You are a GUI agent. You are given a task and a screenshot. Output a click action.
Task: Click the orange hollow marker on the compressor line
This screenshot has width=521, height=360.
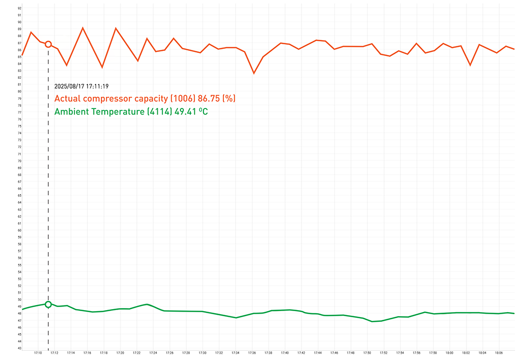(48, 44)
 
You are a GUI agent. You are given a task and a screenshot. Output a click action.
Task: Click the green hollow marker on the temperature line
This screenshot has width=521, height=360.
(48, 304)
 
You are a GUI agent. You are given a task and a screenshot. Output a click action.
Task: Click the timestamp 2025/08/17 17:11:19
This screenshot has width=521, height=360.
(81, 87)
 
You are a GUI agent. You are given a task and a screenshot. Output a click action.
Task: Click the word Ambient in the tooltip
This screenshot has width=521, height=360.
(71, 112)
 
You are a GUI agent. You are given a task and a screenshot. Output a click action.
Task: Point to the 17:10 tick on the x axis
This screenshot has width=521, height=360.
(38, 352)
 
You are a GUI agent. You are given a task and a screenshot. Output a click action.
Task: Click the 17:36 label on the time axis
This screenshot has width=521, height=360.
(252, 352)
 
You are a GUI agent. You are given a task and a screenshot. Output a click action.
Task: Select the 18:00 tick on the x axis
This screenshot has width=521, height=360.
(450, 352)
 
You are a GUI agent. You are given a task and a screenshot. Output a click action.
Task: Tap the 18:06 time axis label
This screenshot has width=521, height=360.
(499, 352)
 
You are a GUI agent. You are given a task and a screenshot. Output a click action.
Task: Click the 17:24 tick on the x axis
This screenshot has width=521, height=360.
(153, 352)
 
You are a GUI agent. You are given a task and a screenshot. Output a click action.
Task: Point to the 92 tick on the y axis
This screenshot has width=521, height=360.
(19, 8)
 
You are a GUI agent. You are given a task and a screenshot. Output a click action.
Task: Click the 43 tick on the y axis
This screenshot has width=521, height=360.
(19, 348)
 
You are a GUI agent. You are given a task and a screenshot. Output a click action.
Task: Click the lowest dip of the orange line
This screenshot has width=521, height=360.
(254, 73)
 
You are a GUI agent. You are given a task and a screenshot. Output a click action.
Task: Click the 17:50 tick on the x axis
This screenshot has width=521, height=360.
(367, 352)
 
